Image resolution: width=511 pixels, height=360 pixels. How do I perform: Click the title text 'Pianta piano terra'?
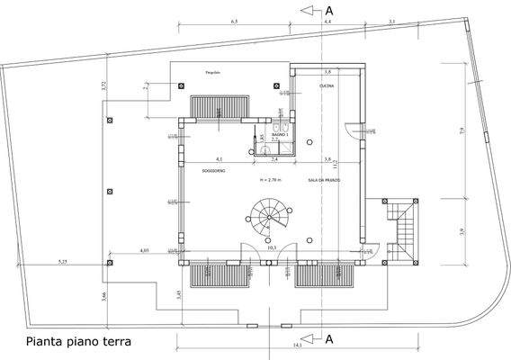[79, 341]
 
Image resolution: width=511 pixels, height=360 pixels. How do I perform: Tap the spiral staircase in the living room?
[265, 219]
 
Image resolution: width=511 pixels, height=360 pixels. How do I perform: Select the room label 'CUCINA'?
[327, 86]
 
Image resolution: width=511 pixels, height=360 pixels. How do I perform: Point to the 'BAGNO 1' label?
[280, 134]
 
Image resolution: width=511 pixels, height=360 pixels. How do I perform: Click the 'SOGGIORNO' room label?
[212, 170]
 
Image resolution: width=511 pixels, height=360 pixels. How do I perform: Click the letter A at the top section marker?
[329, 10]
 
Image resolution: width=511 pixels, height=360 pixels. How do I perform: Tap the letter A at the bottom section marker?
[329, 339]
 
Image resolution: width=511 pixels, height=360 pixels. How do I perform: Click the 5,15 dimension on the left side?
[63, 261]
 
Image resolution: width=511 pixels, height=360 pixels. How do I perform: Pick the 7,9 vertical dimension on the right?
[462, 131]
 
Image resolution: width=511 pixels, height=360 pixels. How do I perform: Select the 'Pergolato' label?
[212, 71]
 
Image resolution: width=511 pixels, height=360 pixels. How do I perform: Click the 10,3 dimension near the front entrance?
[310, 249]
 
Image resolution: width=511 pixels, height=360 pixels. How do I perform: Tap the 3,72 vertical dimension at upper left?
[104, 86]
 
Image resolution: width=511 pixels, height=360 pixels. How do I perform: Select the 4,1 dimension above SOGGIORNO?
[219, 158]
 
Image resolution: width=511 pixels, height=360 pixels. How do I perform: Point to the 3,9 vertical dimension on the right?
[462, 232]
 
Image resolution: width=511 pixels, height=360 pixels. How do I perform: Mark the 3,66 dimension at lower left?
[104, 296]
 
